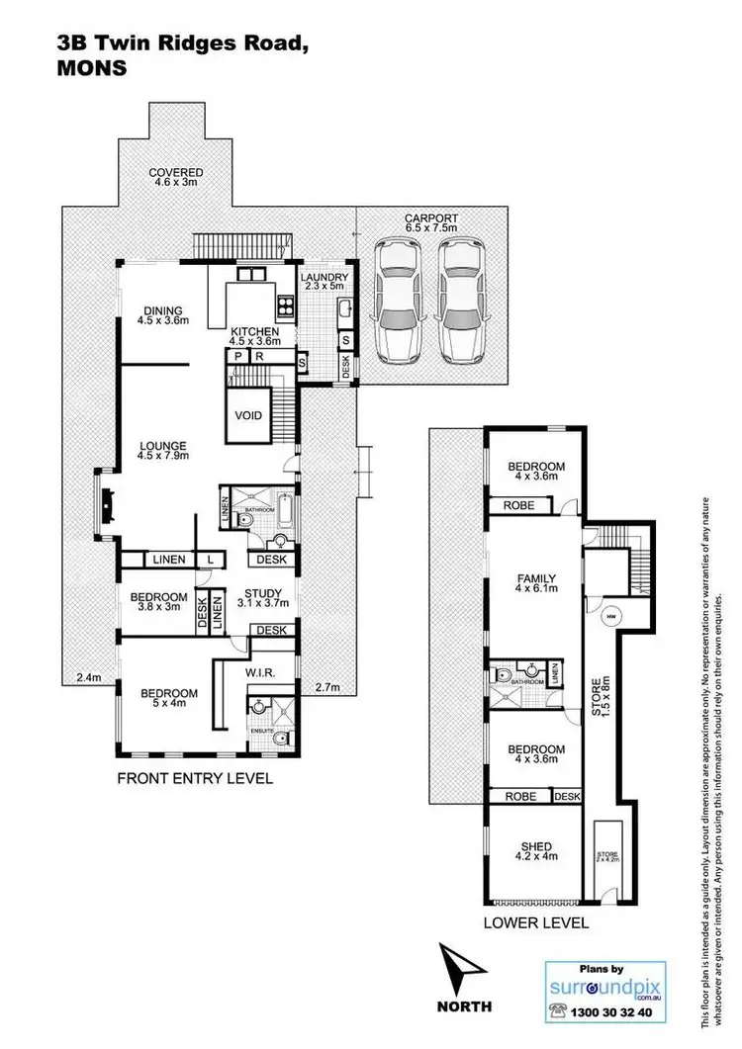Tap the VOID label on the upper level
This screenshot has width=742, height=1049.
point(248,415)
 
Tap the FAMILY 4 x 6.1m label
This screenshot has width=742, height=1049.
point(536,585)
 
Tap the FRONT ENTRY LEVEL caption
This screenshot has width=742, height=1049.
point(194,778)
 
